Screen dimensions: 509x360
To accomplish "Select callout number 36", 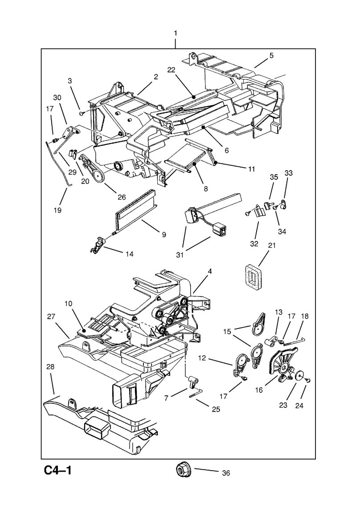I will (225, 473).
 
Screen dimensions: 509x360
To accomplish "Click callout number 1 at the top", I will (176, 33).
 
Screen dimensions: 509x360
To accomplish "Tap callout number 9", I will (164, 234).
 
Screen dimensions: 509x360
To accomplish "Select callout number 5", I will (271, 56).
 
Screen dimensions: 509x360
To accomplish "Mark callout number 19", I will (58, 209).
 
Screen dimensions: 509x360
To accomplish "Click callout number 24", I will (305, 406).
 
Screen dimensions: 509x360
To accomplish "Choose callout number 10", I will (68, 304).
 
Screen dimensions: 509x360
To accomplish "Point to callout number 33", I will (289, 173).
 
